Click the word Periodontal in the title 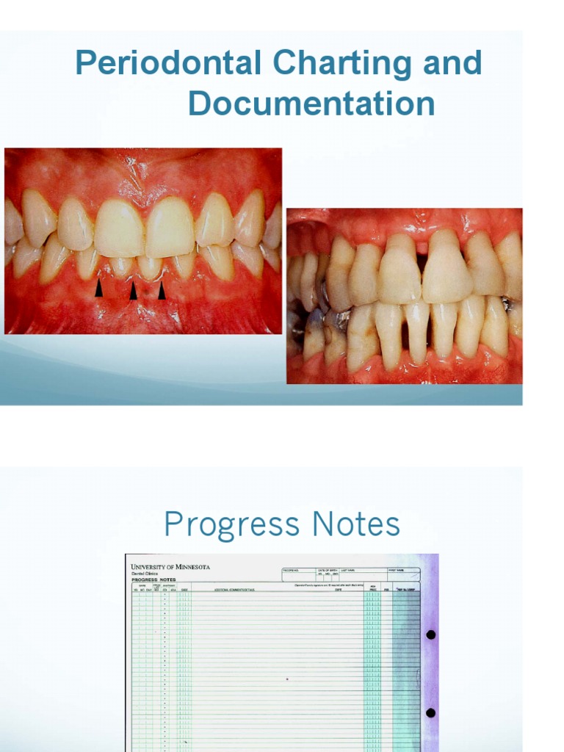tap(167, 65)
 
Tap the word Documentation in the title tap(311, 104)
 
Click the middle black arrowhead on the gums tap(133, 291)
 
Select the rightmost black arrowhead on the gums tap(162, 291)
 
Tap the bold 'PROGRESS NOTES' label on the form tap(153, 579)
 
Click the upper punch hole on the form tap(430, 634)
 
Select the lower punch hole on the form tap(430, 712)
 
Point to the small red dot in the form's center tap(287, 679)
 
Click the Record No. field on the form tap(298, 573)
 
